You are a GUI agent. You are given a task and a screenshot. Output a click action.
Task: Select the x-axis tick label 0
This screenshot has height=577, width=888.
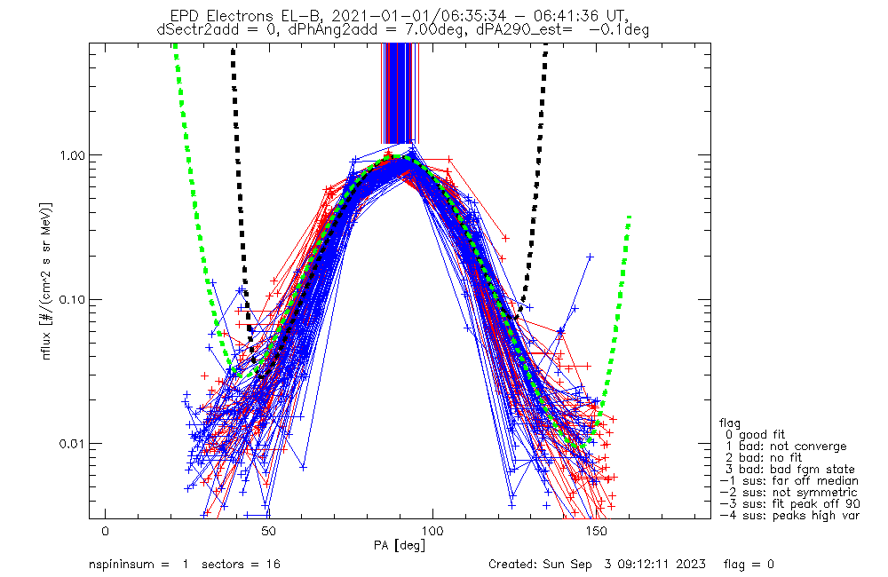pos(105,532)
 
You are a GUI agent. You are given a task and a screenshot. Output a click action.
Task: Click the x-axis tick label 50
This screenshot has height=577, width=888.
pos(268,532)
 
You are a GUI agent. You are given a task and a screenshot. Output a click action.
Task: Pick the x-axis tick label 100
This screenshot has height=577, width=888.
pos(432,532)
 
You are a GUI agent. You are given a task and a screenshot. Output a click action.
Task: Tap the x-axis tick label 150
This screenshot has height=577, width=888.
pos(597,532)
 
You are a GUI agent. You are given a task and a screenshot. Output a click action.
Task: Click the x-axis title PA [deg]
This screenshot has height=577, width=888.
pos(400,546)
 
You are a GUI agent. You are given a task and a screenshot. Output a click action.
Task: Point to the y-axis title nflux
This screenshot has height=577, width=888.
pos(46,344)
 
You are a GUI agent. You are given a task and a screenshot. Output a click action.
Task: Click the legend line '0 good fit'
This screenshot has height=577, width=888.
pos(755,434)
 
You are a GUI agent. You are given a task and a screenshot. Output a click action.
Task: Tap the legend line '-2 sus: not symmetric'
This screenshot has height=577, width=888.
pos(789,493)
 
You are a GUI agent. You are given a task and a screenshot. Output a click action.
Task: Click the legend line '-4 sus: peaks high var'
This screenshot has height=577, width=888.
pos(789,516)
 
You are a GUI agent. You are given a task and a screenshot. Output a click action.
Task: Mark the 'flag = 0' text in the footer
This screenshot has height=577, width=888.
pos(749,564)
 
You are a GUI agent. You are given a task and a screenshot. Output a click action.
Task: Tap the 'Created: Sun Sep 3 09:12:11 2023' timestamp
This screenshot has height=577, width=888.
pos(597,564)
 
